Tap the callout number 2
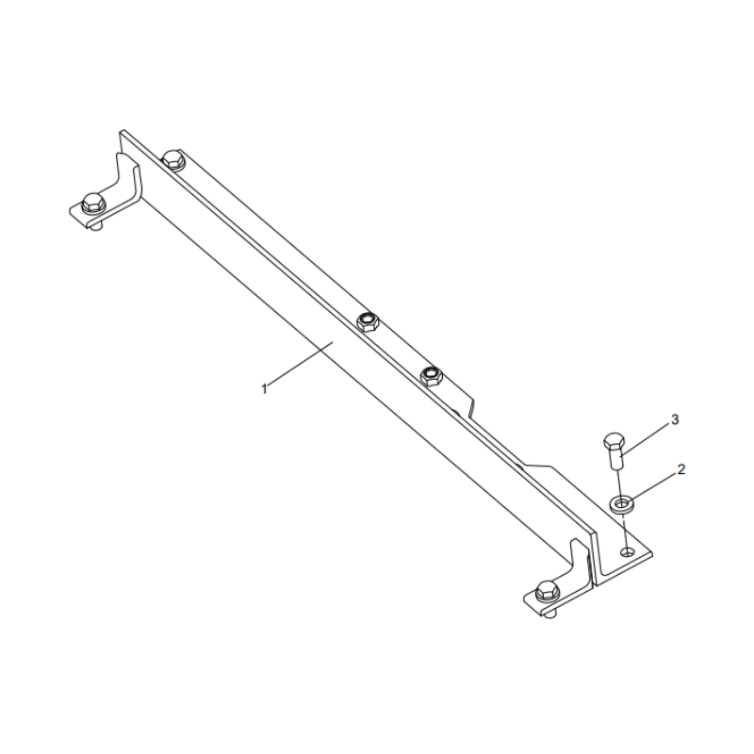click(681, 468)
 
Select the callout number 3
click(674, 418)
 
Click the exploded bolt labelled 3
click(613, 450)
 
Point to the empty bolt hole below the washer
click(626, 551)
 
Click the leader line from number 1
click(302, 366)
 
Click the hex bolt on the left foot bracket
click(92, 201)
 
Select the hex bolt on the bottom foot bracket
click(544, 593)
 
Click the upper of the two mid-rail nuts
click(368, 322)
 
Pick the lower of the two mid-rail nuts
click(432, 376)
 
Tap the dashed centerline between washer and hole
click(623, 530)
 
